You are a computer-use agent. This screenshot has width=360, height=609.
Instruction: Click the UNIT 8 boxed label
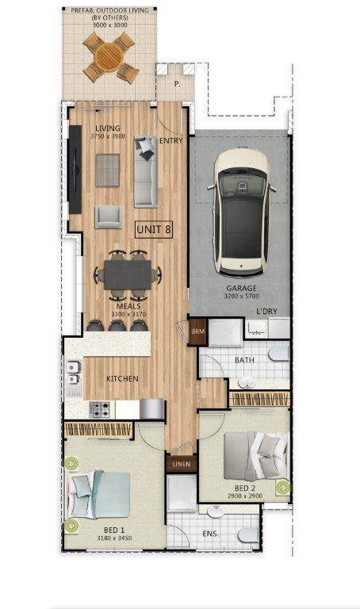tap(154, 229)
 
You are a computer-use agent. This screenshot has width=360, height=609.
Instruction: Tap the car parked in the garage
tap(242, 212)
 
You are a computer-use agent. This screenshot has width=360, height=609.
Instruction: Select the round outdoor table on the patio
tap(109, 57)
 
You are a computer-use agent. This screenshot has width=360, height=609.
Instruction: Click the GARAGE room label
tap(242, 288)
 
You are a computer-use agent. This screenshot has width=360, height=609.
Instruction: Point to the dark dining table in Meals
tap(128, 274)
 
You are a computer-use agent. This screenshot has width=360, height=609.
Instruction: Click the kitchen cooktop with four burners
tap(99, 409)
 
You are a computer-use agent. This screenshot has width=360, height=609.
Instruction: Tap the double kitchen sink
tap(73, 373)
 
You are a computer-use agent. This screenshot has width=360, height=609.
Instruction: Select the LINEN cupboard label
tap(182, 464)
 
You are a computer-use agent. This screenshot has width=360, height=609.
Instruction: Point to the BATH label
tap(244, 360)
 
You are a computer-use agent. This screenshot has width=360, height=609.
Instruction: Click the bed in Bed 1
tap(99, 495)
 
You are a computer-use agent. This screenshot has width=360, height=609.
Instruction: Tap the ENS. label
tap(210, 534)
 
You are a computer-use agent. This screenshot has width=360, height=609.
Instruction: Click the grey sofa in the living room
tap(146, 171)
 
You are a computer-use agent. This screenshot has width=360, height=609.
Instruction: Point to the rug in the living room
tap(108, 170)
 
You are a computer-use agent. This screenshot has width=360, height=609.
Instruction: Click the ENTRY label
tap(170, 140)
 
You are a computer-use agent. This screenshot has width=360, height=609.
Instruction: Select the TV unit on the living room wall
tap(75, 170)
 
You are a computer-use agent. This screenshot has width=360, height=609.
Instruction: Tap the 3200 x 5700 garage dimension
tap(242, 296)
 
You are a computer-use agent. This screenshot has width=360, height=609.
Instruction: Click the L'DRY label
tap(266, 311)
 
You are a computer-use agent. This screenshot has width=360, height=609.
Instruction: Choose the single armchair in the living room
tap(109, 216)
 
